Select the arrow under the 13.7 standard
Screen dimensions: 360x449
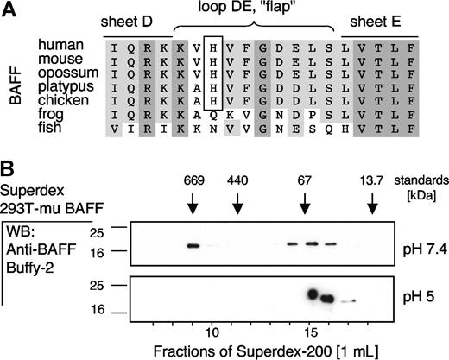point(372,204)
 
